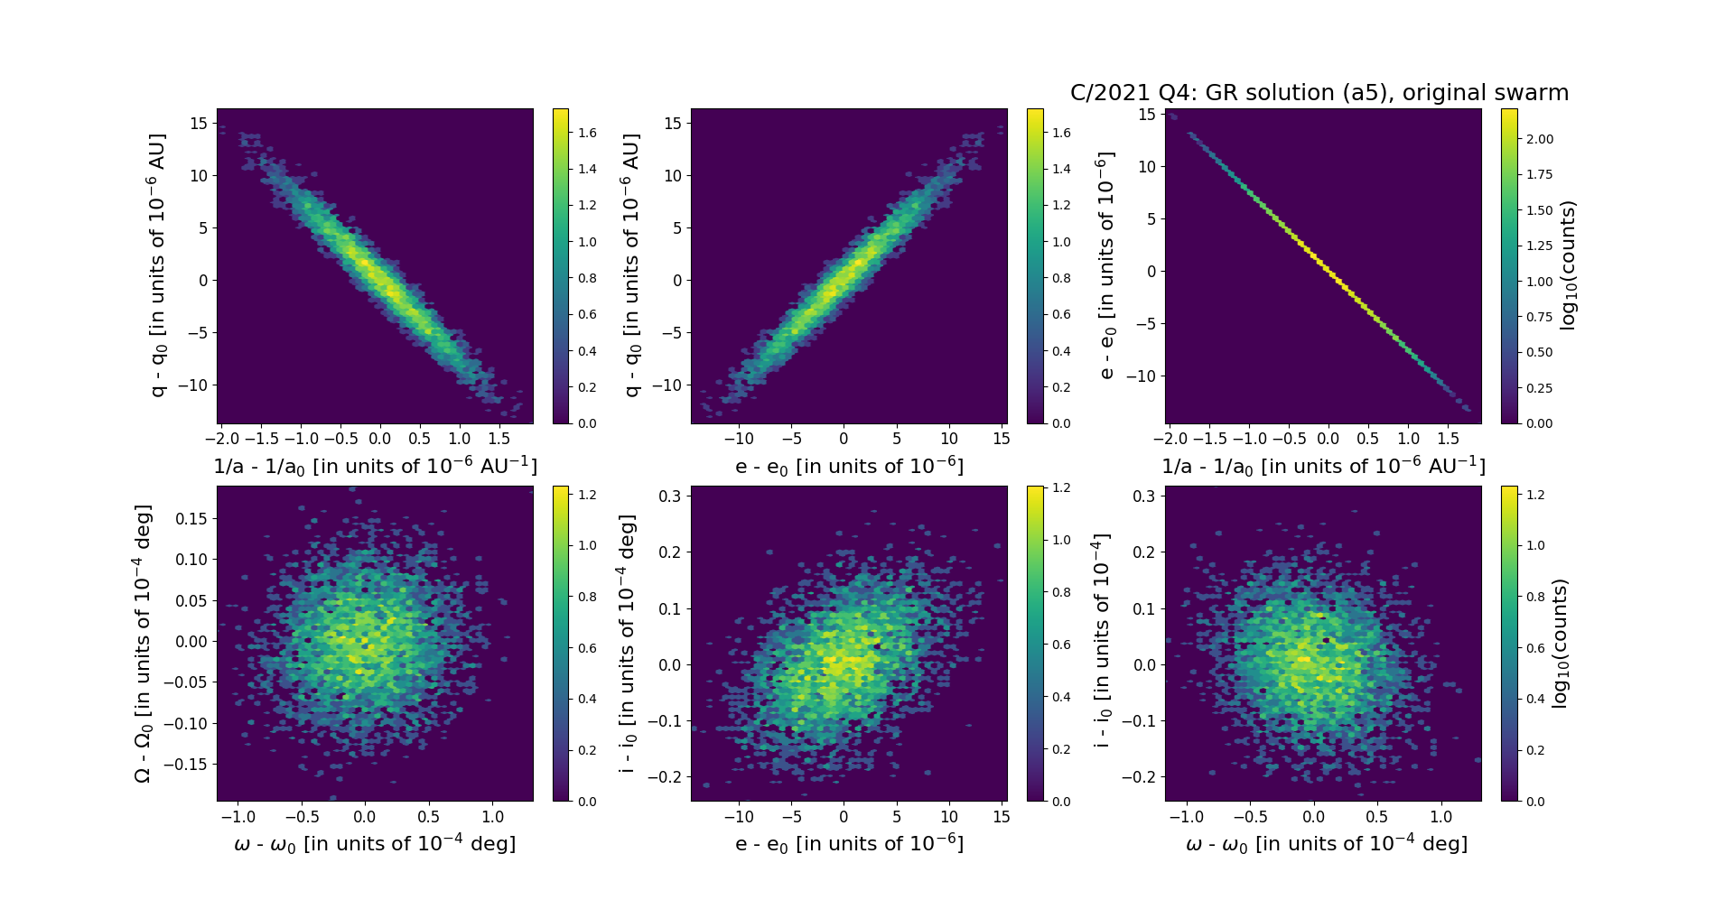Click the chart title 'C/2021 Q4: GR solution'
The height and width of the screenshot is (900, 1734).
pos(1319,93)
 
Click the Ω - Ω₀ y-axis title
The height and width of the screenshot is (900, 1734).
pos(143,644)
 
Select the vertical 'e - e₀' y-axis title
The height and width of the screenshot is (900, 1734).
pos(1106,265)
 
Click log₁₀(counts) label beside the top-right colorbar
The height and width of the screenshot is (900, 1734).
pos(1568,265)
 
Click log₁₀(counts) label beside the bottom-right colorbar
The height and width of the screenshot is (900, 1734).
pos(1559,644)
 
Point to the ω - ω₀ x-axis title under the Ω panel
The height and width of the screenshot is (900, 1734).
pos(375,844)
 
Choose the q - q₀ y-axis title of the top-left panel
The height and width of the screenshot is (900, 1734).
pos(157,265)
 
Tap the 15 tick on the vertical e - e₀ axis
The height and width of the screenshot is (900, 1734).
pos(1147,114)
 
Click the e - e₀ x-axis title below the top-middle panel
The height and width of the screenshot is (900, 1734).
pos(849,467)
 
